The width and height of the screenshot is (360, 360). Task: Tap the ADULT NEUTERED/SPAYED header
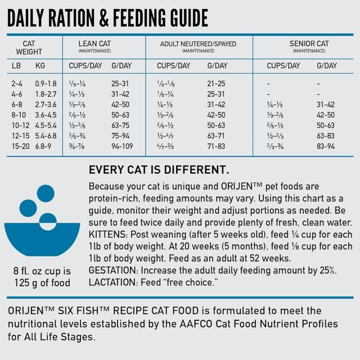(x=198, y=44)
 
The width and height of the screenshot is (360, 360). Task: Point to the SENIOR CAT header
(x=309, y=43)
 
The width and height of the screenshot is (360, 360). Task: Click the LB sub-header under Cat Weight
(x=17, y=66)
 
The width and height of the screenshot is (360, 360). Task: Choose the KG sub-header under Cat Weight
(x=40, y=66)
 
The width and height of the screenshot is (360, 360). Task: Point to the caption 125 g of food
(x=42, y=282)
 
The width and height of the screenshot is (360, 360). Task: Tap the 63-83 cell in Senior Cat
(x=325, y=136)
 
